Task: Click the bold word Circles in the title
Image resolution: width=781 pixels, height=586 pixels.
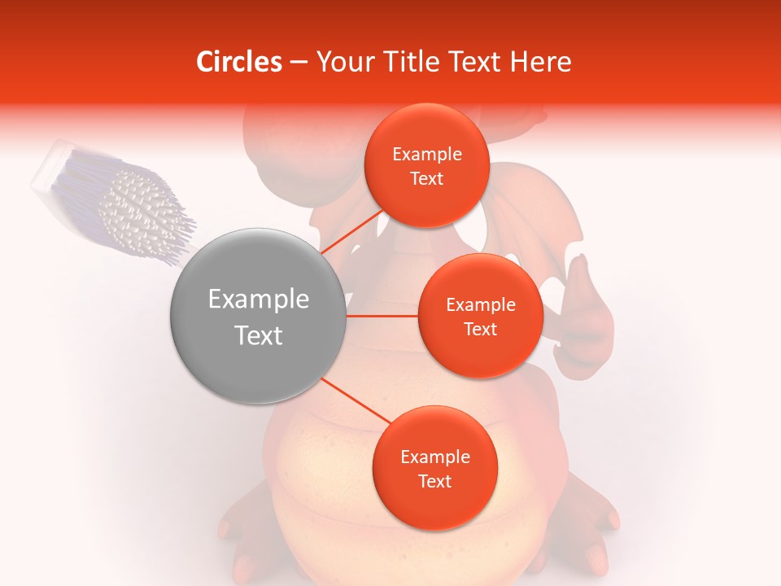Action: [239, 62]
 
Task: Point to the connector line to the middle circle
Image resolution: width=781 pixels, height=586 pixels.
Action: [382, 315]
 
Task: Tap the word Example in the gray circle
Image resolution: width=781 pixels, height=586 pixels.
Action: [258, 300]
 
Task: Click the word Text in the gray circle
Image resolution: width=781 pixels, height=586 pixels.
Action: [258, 335]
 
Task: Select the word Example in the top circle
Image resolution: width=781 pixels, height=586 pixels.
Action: [426, 155]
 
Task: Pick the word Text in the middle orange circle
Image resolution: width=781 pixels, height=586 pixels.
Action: [480, 329]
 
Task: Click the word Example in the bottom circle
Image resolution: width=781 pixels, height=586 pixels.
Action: [434, 457]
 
